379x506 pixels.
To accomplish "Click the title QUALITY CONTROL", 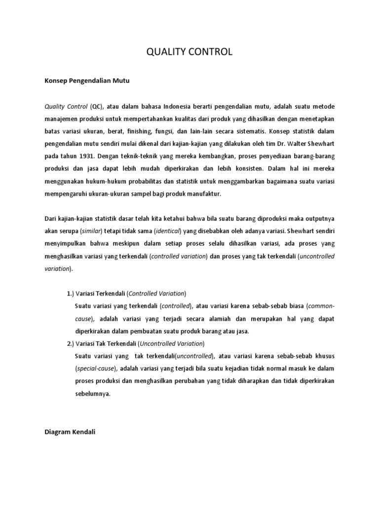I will pyautogui.click(x=189, y=52).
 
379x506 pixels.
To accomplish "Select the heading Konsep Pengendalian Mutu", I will pyautogui.click(x=86, y=80).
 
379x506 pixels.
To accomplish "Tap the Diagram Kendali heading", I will pyautogui.click(x=70, y=431).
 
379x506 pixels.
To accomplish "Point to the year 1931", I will pyautogui.click(x=86, y=156).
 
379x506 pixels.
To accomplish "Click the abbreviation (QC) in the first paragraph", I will pyautogui.click(x=98, y=106).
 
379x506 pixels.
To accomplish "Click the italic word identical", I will pyautogui.click(x=167, y=231).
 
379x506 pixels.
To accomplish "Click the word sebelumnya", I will pyautogui.click(x=93, y=394).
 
